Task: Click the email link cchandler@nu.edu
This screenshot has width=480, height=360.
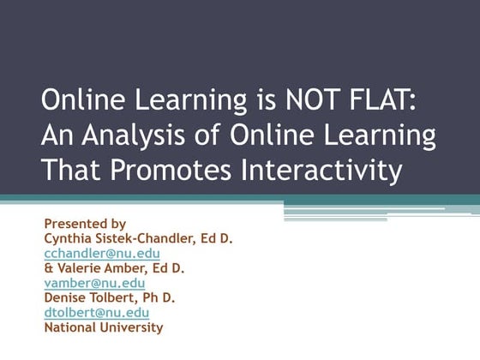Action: click(102, 254)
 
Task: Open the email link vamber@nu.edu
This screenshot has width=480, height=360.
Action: click(94, 283)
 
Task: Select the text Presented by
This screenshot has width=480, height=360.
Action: click(85, 225)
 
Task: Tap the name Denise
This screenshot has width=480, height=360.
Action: click(66, 297)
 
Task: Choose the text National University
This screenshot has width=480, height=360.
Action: click(103, 327)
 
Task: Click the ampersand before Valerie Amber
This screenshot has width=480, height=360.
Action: click(48, 268)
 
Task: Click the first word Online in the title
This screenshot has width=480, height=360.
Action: click(81, 101)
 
